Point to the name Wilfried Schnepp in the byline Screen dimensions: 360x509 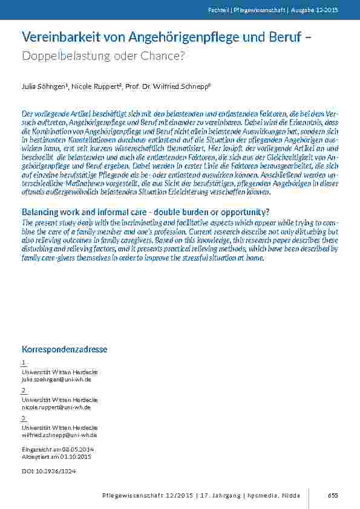point(184,87)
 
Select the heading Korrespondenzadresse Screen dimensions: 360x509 point(65,349)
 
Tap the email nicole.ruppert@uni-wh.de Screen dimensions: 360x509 point(56,407)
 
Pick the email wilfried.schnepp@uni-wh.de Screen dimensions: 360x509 point(59,435)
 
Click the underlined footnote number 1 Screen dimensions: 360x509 point(24,363)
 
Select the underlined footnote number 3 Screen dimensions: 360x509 point(24,418)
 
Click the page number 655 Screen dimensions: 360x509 point(332,496)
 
